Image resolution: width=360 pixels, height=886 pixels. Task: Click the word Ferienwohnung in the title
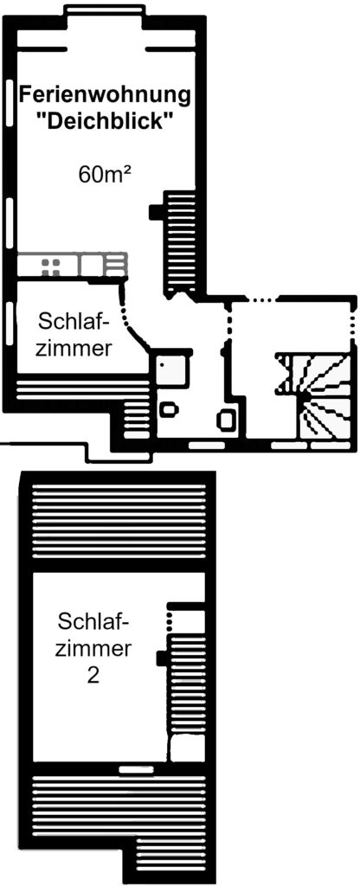105,95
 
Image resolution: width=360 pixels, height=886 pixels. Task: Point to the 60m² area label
105,175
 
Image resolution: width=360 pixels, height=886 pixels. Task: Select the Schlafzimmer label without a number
73,335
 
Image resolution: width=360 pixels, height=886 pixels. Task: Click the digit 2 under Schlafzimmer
93,676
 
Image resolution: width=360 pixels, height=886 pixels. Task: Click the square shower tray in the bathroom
172,369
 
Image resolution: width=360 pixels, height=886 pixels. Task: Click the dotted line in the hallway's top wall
260,299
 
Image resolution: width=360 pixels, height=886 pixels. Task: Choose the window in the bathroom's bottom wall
207,446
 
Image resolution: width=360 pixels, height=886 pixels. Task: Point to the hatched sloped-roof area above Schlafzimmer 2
118,520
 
